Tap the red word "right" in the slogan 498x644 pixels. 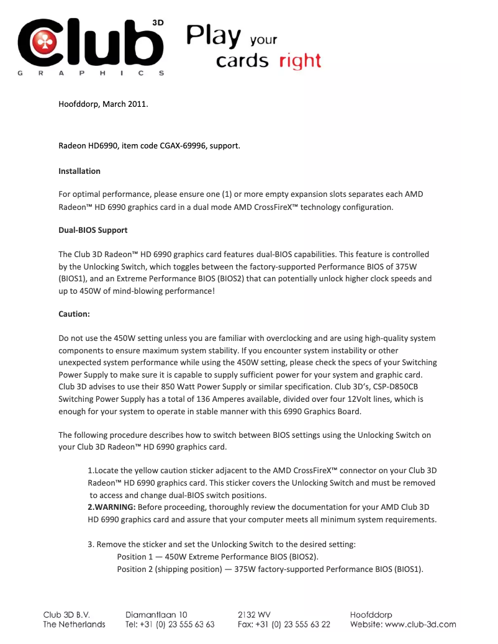pos(301,61)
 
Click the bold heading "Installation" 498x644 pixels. pos(79,171)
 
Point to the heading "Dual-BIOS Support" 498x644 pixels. pos(93,230)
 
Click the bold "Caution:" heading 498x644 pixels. pos(74,314)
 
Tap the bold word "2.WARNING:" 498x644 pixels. pos(111,507)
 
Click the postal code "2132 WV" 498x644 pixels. pos(254,615)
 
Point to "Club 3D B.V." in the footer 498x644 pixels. pos(67,615)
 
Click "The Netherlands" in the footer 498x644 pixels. pos(74,625)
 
